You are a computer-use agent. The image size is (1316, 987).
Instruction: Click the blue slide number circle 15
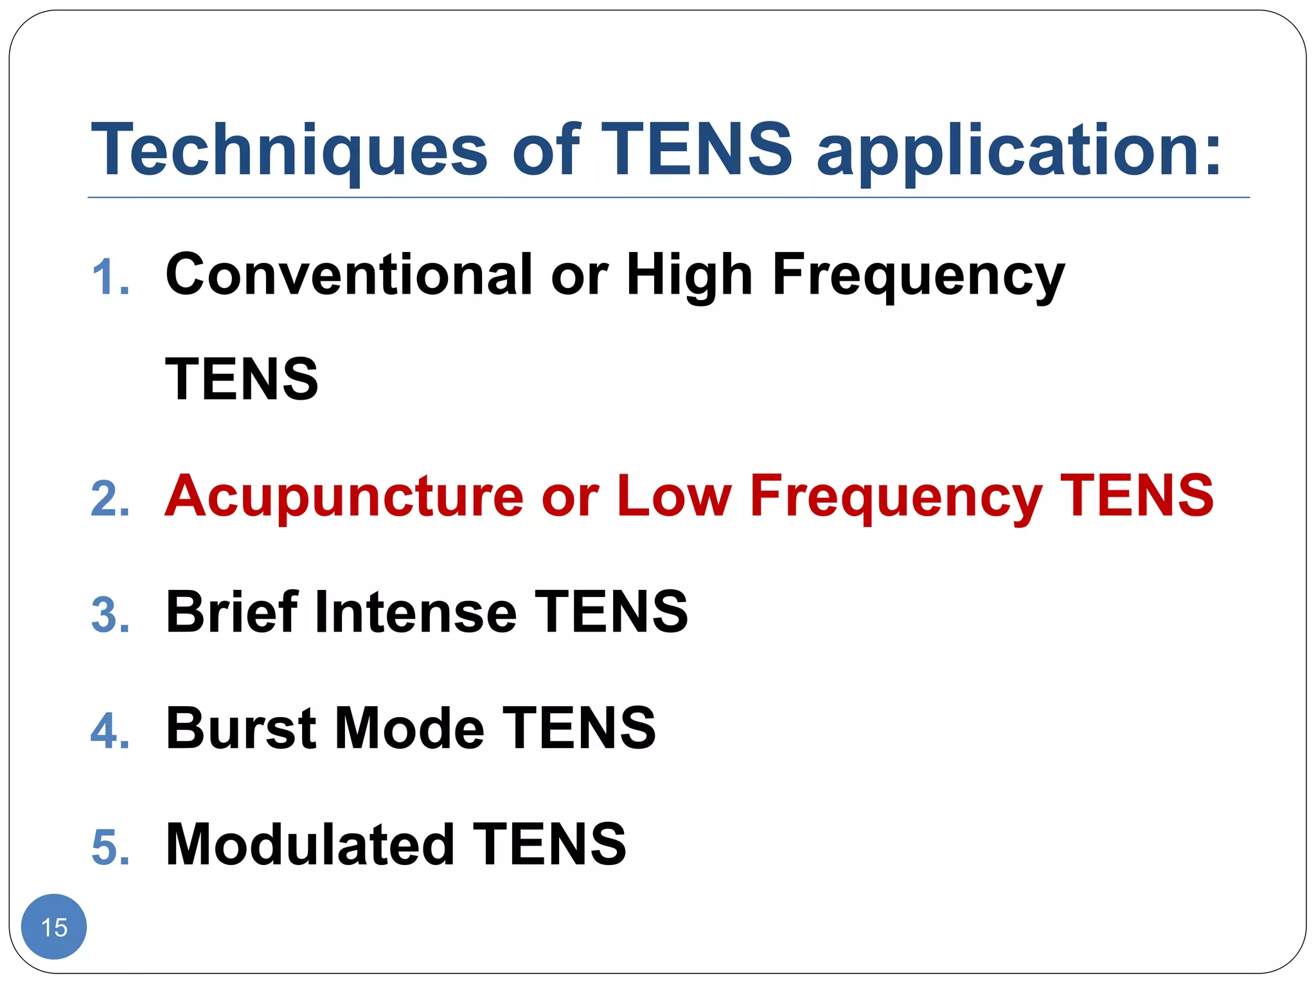pos(54,927)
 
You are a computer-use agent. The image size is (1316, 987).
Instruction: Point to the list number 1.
pos(110,278)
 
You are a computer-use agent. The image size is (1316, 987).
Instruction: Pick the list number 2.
pos(110,499)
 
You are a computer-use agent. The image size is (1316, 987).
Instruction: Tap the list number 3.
pos(110,614)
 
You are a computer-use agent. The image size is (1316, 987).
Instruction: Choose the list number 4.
pos(110,731)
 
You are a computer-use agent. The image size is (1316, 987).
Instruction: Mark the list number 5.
pos(110,847)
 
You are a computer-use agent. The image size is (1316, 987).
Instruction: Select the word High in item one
pos(689,274)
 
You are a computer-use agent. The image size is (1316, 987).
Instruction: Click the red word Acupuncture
pos(344,495)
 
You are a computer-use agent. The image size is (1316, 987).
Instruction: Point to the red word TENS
pos(1137,495)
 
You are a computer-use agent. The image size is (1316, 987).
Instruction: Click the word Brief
pos(231,611)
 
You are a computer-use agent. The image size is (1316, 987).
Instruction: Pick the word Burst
pos(242,727)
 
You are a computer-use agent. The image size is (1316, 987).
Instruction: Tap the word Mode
pos(409,727)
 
